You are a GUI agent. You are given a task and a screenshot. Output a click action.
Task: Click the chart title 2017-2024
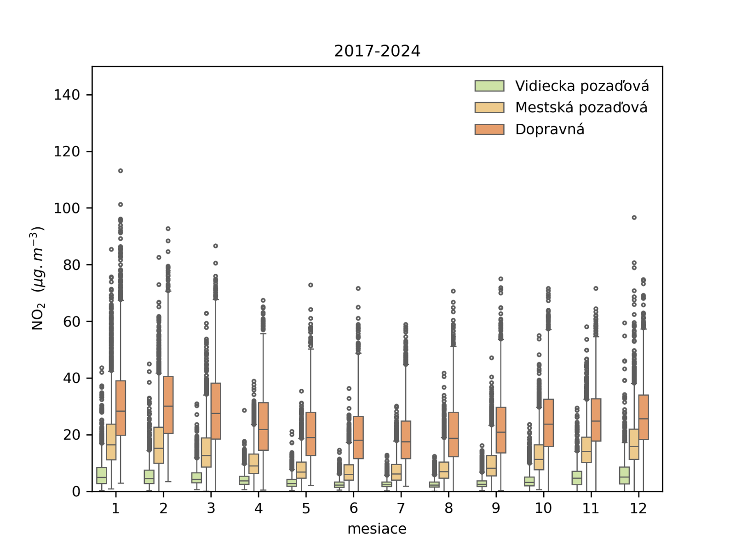(377, 51)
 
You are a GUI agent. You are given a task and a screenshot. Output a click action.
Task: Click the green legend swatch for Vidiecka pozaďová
(489, 86)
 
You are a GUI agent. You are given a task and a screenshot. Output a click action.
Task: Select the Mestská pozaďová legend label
(581, 108)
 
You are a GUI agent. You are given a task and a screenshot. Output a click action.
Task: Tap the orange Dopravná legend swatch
(489, 129)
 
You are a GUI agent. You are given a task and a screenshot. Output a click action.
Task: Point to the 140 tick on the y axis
(67, 95)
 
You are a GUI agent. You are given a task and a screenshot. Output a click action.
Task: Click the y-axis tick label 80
(71, 265)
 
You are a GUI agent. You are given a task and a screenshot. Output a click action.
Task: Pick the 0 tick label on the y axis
(76, 492)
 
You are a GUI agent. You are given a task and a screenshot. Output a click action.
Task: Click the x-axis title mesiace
(377, 529)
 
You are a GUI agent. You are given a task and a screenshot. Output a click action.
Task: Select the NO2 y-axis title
(37, 278)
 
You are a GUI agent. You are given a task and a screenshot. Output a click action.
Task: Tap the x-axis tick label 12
(638, 508)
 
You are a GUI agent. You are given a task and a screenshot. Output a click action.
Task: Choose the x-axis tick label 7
(401, 508)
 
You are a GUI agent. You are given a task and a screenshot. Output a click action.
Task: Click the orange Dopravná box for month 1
(121, 408)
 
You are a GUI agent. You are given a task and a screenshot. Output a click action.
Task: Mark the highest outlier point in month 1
(121, 171)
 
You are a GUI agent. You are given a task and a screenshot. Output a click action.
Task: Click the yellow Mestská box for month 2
(159, 445)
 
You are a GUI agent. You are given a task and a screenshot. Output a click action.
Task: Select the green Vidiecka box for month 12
(624, 475)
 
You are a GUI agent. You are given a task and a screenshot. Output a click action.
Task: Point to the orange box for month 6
(358, 437)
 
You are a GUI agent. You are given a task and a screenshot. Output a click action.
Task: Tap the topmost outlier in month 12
(634, 218)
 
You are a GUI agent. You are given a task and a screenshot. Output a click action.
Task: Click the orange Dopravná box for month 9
(501, 430)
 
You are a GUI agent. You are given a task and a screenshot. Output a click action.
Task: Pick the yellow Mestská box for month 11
(586, 450)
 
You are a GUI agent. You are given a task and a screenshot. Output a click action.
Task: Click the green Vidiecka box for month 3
(196, 477)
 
